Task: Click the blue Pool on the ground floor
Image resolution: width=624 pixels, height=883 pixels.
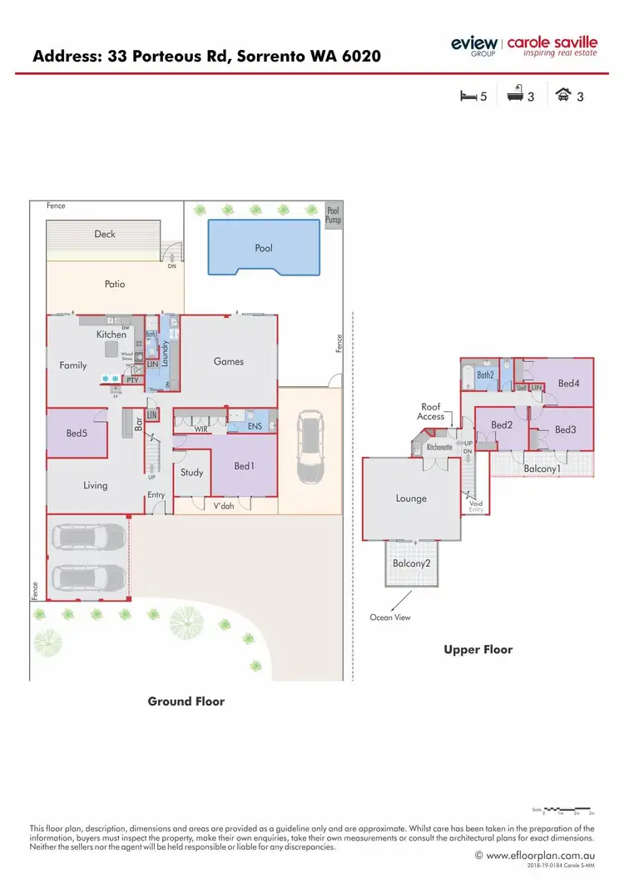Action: coord(264,247)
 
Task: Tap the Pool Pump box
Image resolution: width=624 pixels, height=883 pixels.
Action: coord(333,216)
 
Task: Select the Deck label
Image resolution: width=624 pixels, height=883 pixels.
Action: coord(105,234)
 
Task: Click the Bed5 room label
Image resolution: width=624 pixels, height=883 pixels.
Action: coord(77,433)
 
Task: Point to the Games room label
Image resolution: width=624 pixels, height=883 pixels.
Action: coord(229,361)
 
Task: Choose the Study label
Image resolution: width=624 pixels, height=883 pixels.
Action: coord(192,473)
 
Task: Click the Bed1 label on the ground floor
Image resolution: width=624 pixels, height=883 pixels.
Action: coord(244,466)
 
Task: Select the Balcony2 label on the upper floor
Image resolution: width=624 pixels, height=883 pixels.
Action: coord(411,563)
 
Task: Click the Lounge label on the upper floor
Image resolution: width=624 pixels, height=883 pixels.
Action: coord(411,499)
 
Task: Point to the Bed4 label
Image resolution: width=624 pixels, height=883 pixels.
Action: coord(568,384)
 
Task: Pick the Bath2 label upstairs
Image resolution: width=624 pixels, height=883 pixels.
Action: coord(486,375)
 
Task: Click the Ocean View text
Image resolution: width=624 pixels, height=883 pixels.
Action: coord(390,618)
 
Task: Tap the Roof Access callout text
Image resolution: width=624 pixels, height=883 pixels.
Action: coord(431,412)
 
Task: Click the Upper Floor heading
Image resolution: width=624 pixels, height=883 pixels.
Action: coord(478,649)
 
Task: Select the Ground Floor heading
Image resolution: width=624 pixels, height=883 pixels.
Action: coord(186,702)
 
